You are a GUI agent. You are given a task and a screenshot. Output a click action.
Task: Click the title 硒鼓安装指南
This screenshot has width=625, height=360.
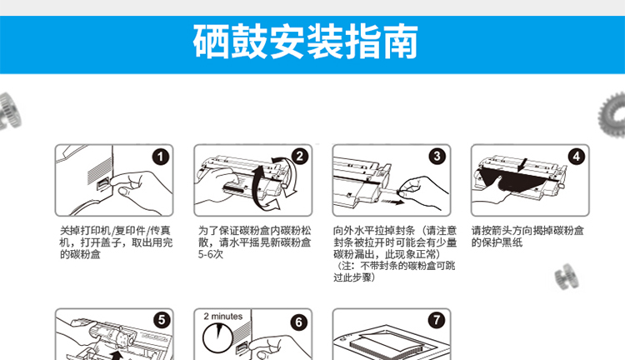305,42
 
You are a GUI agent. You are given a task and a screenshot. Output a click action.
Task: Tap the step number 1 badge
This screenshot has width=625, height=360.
161,157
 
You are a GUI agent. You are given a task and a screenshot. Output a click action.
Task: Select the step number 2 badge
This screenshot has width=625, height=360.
300,156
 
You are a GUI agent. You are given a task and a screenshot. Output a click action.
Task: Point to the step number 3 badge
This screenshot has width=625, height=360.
437,156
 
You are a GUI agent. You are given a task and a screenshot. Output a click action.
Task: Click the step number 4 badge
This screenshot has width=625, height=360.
577,157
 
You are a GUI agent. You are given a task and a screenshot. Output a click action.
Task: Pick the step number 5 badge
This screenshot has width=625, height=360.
162,320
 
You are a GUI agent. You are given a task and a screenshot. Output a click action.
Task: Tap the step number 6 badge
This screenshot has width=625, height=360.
299,322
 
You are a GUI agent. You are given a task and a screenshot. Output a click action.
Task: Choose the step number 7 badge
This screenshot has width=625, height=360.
437,320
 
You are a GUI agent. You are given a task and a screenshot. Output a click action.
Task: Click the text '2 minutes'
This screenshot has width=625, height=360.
222,316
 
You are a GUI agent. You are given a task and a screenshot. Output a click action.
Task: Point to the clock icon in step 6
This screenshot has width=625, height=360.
217,338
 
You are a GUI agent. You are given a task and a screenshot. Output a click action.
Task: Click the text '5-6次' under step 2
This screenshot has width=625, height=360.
211,254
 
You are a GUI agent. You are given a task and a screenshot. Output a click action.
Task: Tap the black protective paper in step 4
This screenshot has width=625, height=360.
512,181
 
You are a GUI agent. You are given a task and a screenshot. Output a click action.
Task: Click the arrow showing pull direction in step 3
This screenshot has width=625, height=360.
392,202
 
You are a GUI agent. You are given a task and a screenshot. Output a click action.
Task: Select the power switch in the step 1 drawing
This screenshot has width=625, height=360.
103,185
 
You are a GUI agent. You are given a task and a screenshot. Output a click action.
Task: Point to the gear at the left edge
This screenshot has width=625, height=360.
10,111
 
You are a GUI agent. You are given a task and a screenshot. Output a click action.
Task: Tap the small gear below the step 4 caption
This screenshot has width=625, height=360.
567,277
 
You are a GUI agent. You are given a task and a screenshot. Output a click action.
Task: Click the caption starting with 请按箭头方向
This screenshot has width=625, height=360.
527,237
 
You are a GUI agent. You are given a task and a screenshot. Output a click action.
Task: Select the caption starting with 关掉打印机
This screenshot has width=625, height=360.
116,242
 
